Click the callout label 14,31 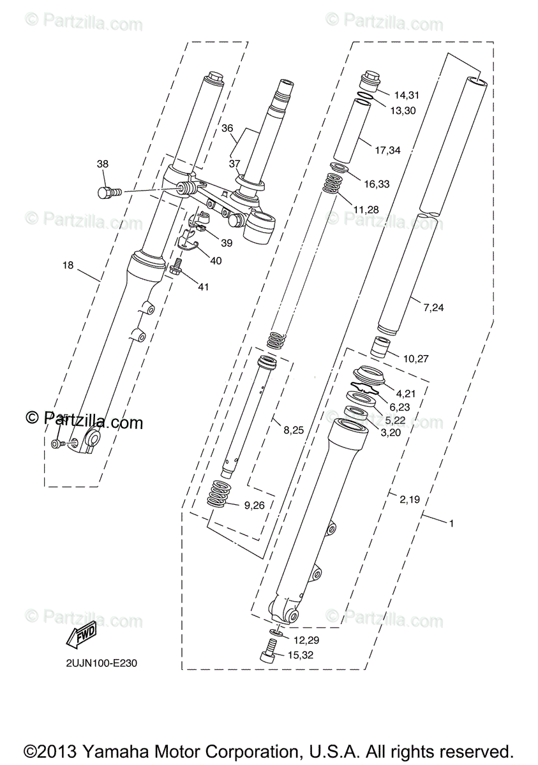coord(407,96)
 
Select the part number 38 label coord(103,164)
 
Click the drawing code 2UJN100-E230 coord(101,663)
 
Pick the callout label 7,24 coord(433,308)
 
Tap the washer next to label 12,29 coord(276,632)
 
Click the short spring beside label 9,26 coord(220,495)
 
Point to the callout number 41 coord(203,288)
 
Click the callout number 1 coord(451,523)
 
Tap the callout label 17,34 coord(387,151)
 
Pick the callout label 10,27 coord(417,358)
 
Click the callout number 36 coord(227,128)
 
